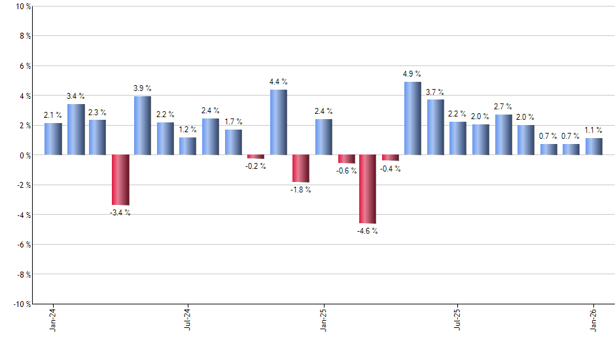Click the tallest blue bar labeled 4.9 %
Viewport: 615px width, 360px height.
point(413,118)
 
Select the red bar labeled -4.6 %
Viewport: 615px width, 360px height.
point(368,189)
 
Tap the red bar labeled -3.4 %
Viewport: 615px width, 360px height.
point(120,180)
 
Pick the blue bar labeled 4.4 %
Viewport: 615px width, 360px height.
point(278,122)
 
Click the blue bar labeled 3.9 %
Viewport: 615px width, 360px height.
point(143,126)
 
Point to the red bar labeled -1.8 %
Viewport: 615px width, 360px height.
point(301,168)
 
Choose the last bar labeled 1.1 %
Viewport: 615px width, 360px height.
point(594,147)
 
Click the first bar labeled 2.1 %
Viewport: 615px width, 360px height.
point(53,139)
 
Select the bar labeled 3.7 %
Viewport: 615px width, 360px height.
point(436,127)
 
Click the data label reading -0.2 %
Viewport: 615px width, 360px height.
point(256,166)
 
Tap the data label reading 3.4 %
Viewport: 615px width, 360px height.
point(76,96)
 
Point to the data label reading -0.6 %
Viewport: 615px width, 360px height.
point(347,171)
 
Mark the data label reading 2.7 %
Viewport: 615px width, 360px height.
point(503,107)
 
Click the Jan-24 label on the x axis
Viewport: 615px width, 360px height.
point(53,319)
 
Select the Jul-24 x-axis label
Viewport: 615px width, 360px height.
point(188,319)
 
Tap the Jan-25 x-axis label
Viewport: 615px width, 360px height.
point(323,319)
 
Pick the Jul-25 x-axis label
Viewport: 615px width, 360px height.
point(458,319)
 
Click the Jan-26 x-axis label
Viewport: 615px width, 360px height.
point(593,319)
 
